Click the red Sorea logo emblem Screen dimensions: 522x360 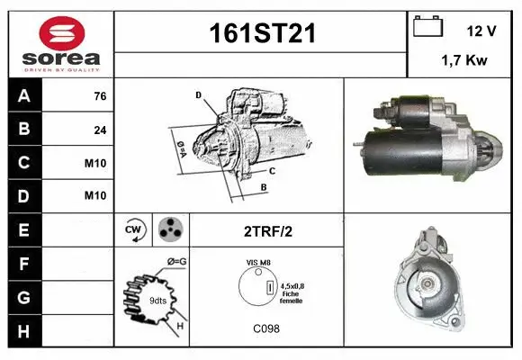pos(62,33)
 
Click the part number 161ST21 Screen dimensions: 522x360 pos(262,33)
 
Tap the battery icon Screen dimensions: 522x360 pos(427,26)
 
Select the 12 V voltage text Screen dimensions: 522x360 pos(481,31)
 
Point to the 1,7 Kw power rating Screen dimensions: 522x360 pos(464,60)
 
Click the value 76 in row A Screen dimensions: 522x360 pos(100,96)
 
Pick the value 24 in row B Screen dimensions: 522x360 pos(100,130)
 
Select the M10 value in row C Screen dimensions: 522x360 pos(95,163)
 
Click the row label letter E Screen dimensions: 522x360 pos(23,229)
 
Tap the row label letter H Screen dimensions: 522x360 pos(23,331)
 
